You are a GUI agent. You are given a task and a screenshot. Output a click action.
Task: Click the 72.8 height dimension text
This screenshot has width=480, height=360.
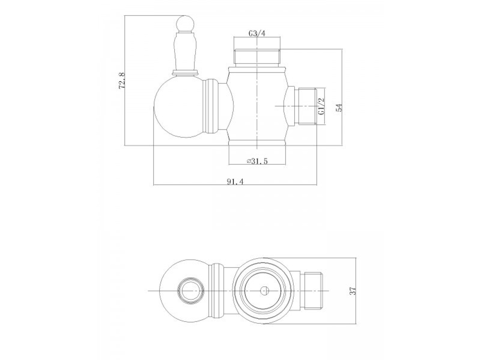pos(122,80)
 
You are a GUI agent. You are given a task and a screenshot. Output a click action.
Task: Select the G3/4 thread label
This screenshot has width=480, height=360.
pos(257,34)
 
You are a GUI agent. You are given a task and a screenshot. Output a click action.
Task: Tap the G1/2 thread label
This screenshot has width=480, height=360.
pos(322,106)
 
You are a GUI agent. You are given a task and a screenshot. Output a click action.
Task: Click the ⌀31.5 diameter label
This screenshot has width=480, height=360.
pos(257,162)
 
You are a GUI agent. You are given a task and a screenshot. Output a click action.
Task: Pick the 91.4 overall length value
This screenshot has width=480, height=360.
pos(236,181)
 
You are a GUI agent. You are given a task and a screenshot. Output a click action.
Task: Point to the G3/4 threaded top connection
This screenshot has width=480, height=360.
pos(258,56)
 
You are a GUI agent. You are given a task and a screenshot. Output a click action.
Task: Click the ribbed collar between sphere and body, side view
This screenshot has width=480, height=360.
pos(209,107)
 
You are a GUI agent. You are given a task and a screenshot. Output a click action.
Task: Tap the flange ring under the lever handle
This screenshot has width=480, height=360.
pos(185,72)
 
